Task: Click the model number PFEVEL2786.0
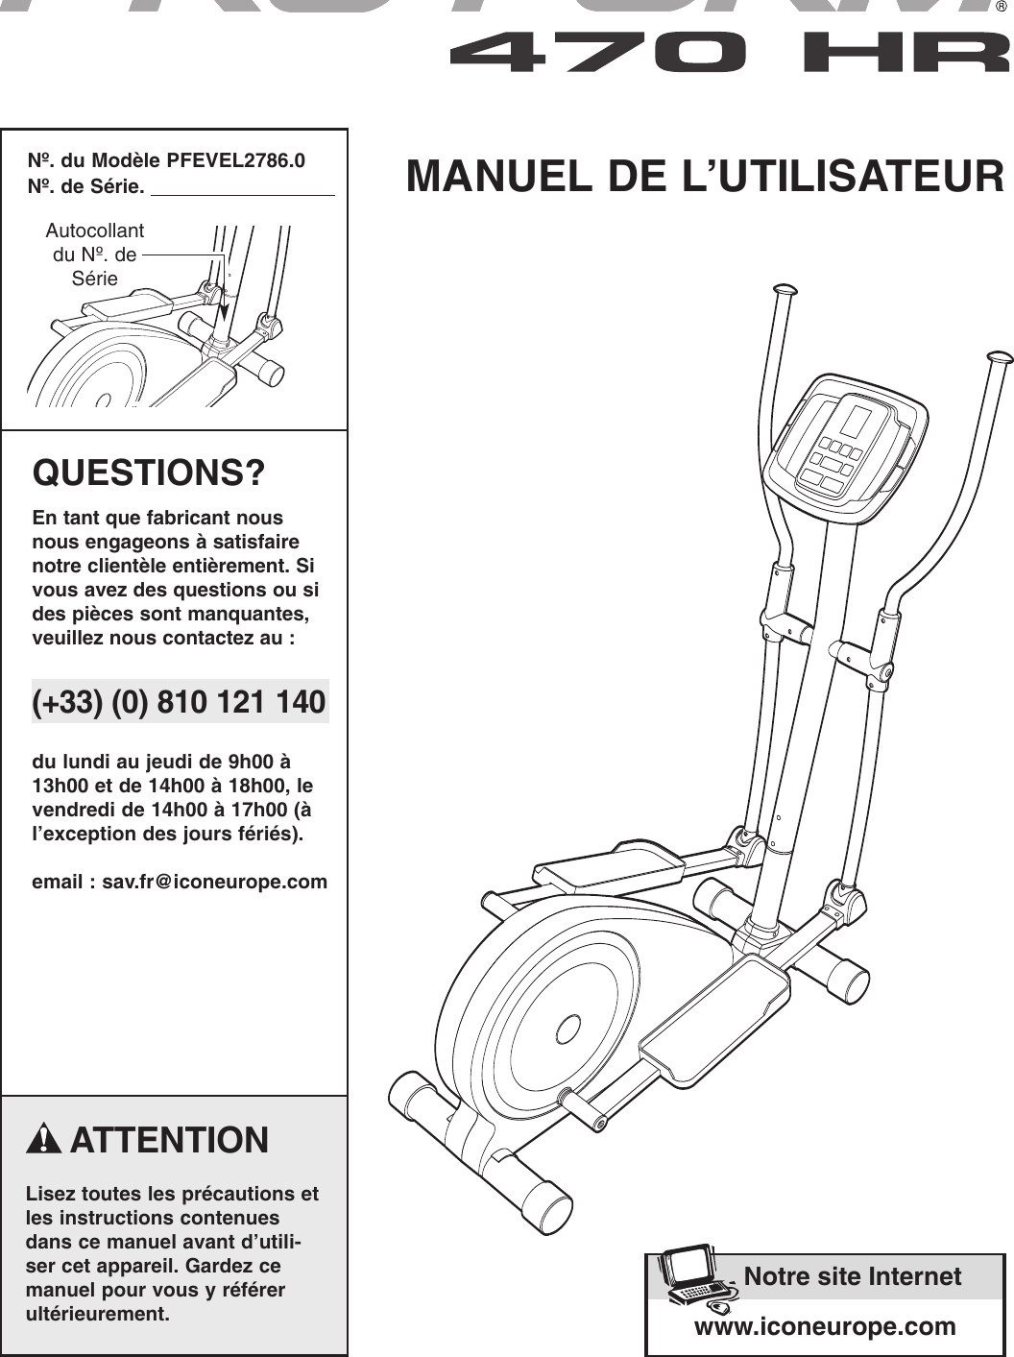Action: click(235, 160)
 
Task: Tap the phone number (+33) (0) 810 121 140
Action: click(180, 702)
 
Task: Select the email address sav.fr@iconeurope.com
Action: click(214, 882)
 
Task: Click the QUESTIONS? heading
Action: click(149, 473)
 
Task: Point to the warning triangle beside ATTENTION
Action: click(44, 1140)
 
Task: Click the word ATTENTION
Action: click(169, 1140)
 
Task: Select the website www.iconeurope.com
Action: click(825, 1326)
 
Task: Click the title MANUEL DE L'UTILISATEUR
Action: click(705, 178)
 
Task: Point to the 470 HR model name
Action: click(730, 52)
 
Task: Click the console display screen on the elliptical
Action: click(855, 421)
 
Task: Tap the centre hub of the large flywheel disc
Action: click(568, 1030)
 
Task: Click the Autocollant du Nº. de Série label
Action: click(94, 254)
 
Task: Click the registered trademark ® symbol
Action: click(1002, 8)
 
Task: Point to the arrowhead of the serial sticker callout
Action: click(224, 312)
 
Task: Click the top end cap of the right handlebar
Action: click(999, 357)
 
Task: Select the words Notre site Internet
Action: click(852, 1276)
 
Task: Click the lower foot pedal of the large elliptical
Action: click(715, 1016)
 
